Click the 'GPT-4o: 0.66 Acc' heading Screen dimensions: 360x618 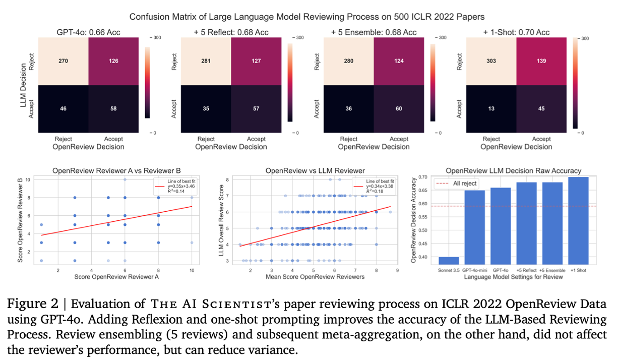point(89,32)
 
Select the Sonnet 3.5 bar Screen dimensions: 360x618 point(449,260)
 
